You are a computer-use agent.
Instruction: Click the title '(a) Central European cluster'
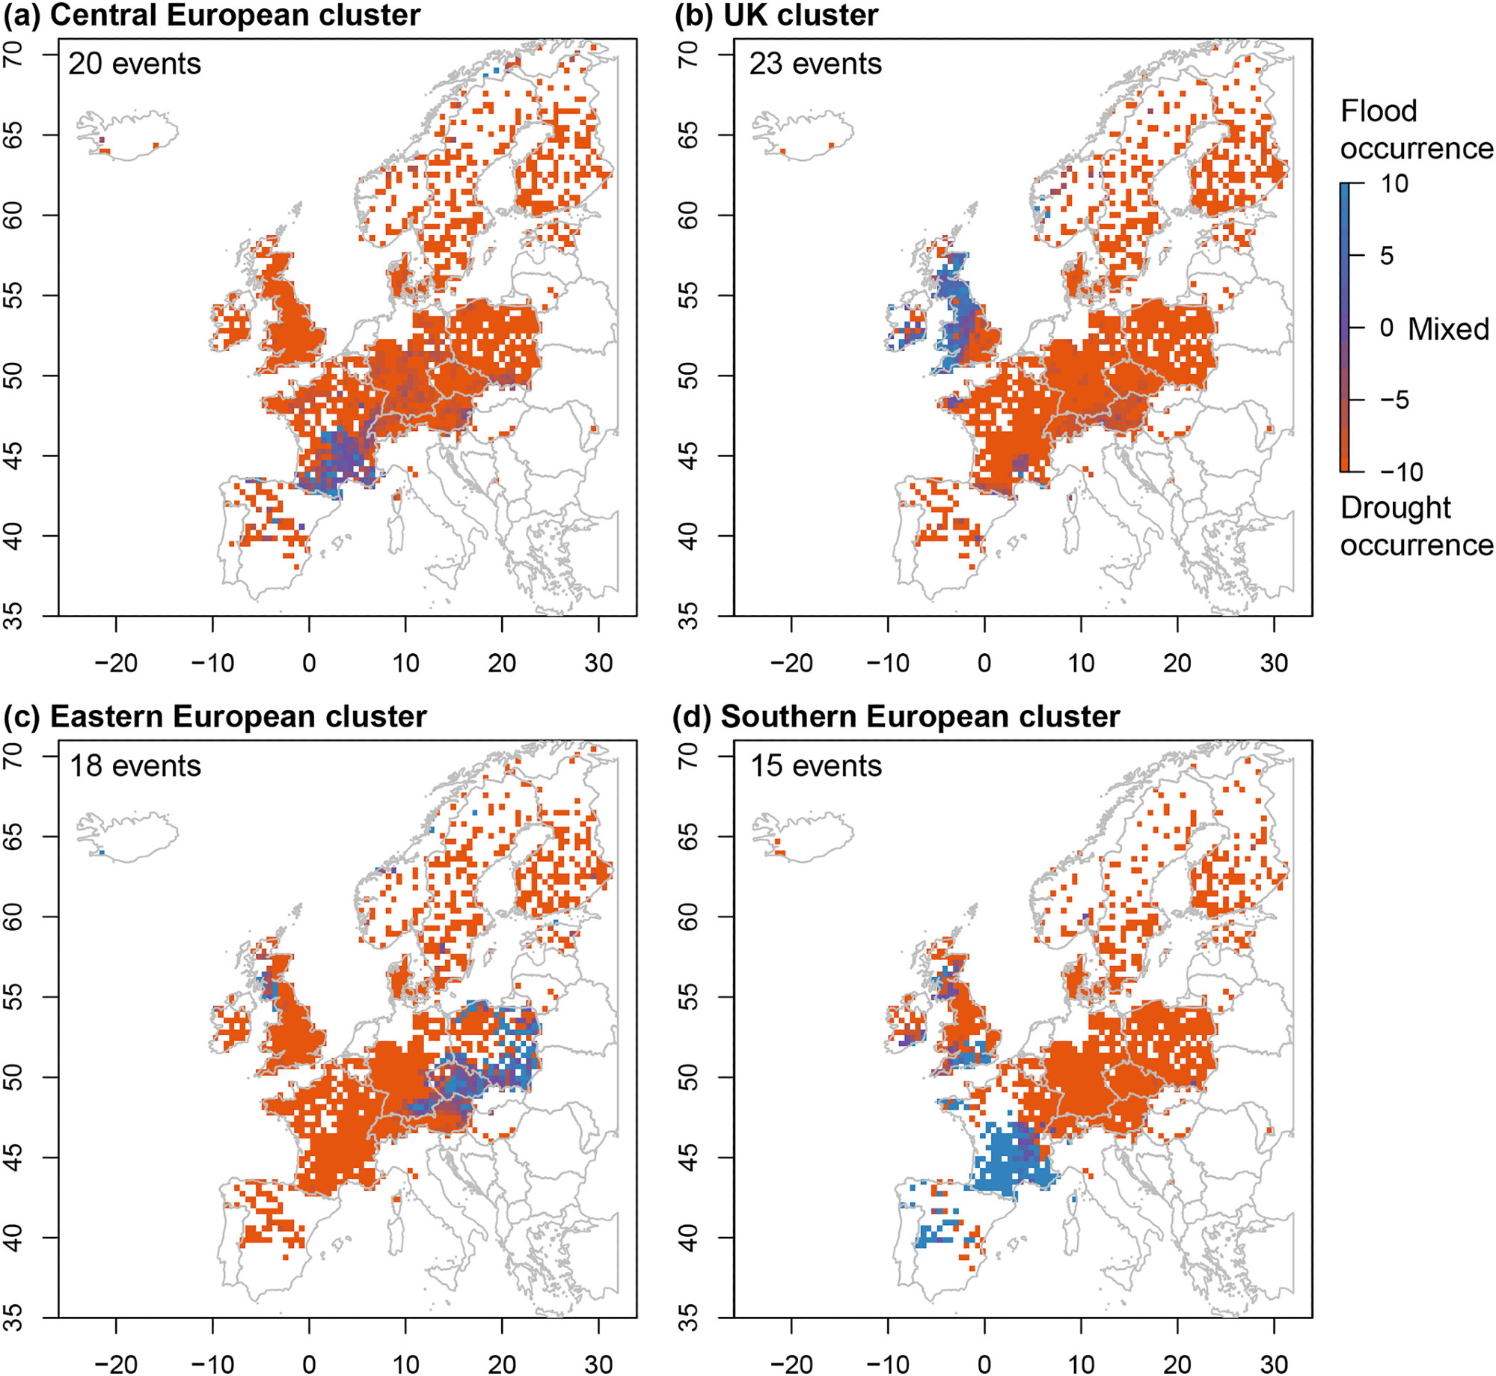[212, 16]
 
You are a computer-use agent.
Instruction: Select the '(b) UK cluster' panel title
[776, 16]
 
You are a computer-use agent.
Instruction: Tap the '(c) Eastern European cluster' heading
[215, 717]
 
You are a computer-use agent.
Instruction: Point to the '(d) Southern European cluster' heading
[897, 717]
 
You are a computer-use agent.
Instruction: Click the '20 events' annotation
[135, 64]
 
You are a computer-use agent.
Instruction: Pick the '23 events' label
[815, 64]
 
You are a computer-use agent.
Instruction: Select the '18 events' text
[135, 766]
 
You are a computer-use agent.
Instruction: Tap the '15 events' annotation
[815, 766]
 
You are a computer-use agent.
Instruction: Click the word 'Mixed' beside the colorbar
[1448, 329]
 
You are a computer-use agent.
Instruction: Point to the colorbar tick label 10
[1394, 184]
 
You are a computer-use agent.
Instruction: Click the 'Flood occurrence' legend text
[1416, 129]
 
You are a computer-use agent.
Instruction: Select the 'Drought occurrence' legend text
[1416, 526]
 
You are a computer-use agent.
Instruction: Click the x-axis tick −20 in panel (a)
[116, 663]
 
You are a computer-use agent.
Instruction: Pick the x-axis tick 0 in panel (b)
[984, 663]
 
